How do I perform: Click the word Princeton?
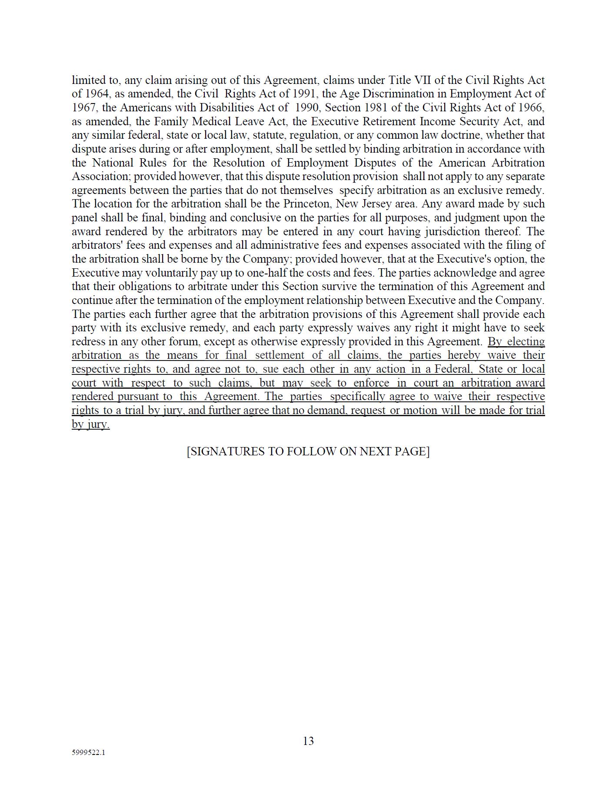click(307, 204)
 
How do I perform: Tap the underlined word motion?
click(421, 410)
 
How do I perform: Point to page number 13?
click(308, 741)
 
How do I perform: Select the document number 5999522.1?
click(88, 753)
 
